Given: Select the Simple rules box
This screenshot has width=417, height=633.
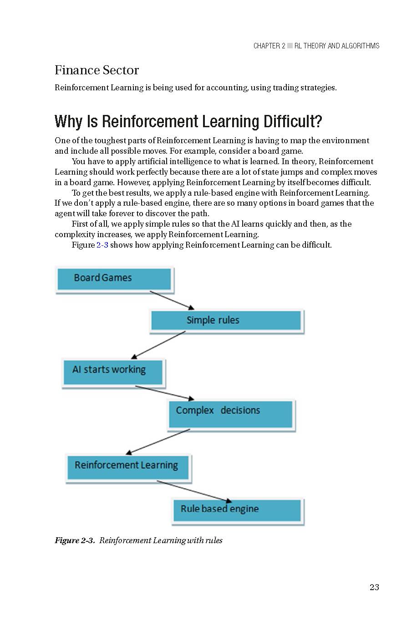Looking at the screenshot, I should (x=226, y=321).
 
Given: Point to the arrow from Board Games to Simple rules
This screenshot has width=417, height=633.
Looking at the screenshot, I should (x=172, y=301).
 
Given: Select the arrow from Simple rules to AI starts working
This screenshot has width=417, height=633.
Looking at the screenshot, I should (x=158, y=345).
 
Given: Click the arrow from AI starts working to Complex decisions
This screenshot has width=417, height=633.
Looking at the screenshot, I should (x=164, y=393).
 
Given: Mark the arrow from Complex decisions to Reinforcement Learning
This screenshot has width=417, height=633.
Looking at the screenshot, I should (x=158, y=441).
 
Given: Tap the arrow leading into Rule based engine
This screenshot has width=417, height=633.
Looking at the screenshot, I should (x=194, y=491).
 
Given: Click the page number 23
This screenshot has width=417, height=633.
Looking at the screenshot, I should (x=374, y=587).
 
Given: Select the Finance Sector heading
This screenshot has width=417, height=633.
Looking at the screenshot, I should (x=97, y=70).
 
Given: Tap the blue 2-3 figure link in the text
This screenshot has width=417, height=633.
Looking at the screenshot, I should (x=102, y=245).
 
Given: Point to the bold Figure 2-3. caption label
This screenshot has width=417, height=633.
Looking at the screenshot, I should (x=75, y=540).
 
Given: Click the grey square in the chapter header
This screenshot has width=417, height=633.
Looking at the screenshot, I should (x=290, y=46).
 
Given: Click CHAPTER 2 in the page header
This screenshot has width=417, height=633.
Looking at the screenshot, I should (x=269, y=46).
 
